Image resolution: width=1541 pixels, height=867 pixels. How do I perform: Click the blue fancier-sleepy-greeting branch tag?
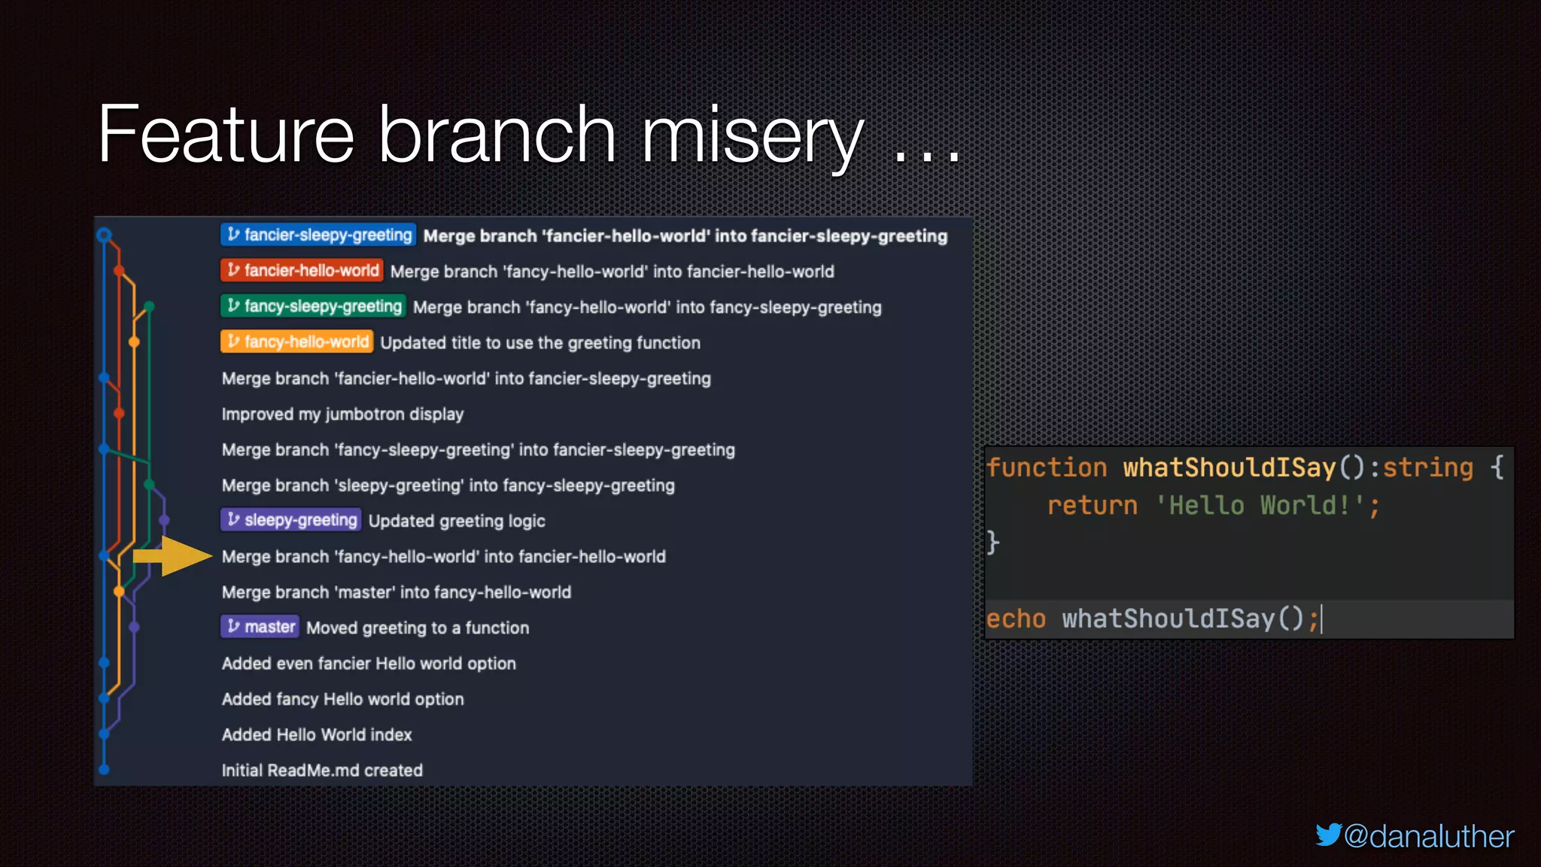[x=318, y=235]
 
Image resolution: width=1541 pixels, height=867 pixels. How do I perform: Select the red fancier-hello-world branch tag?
[x=302, y=270]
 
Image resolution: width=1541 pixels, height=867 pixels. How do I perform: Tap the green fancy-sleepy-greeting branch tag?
[x=313, y=306]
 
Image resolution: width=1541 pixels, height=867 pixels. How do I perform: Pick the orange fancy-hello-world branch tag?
[x=296, y=342]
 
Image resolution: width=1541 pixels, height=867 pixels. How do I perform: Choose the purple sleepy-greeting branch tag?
[x=291, y=520]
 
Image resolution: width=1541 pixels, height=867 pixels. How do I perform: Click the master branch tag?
[x=260, y=627]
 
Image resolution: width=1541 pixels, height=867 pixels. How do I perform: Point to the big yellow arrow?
[x=173, y=556]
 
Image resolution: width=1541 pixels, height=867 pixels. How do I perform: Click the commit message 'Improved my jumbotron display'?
[x=342, y=414]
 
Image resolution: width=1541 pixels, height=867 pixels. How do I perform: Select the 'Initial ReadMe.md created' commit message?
[x=322, y=770]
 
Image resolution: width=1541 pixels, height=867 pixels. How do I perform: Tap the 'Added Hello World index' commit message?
[x=317, y=735]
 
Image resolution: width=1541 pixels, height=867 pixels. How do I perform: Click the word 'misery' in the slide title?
[x=752, y=135]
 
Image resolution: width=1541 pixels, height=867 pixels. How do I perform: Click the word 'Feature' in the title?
[x=226, y=135]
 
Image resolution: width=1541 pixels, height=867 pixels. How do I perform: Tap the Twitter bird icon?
[x=1328, y=835]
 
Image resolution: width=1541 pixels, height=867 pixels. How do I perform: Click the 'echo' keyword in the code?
[x=1016, y=619]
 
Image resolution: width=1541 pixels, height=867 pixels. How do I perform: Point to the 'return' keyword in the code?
[x=1092, y=505]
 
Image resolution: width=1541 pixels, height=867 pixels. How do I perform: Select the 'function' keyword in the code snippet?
[x=1047, y=467]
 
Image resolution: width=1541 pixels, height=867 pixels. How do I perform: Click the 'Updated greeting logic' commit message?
[x=457, y=521]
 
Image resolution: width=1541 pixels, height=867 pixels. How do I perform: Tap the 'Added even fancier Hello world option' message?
[x=369, y=663]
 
